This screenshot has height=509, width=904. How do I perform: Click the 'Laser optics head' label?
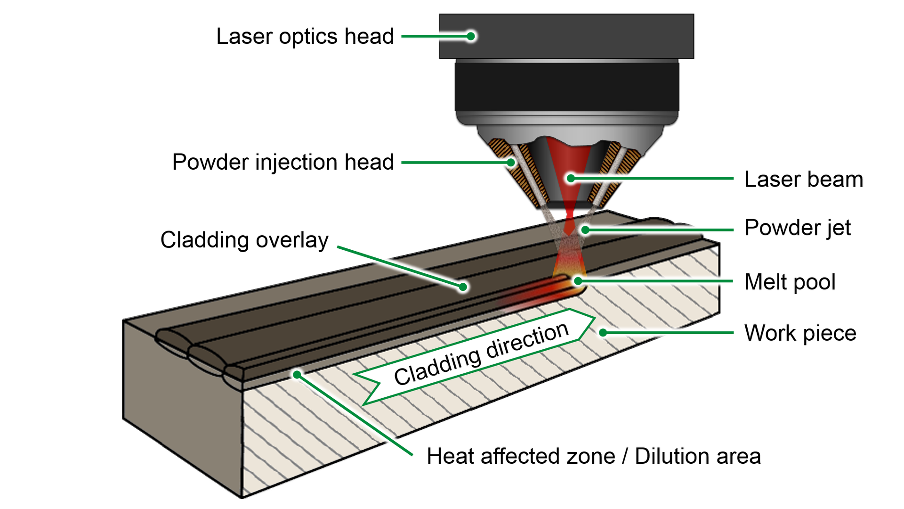pyautogui.click(x=305, y=36)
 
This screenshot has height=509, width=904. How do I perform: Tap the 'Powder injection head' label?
pyautogui.click(x=282, y=162)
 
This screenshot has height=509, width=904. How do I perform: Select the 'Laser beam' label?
pyautogui.click(x=803, y=180)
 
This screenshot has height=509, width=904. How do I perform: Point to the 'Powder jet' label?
pyautogui.click(x=797, y=228)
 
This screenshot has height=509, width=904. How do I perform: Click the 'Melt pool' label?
pyautogui.click(x=790, y=282)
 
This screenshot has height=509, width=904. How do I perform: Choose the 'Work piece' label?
pyautogui.click(x=800, y=333)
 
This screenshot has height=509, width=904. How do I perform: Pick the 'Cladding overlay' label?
pyautogui.click(x=244, y=240)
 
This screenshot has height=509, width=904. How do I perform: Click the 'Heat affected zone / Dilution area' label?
pyautogui.click(x=593, y=456)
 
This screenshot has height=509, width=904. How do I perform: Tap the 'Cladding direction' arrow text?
pyautogui.click(x=481, y=354)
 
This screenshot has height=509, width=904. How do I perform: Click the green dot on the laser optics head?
pyautogui.click(x=471, y=36)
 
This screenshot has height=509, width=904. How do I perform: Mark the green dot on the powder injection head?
pyautogui.click(x=511, y=163)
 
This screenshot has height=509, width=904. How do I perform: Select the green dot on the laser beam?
pyautogui.click(x=571, y=179)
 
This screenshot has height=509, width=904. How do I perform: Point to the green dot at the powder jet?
pyautogui.click(x=585, y=230)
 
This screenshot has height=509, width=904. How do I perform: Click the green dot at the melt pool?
pyautogui.click(x=578, y=281)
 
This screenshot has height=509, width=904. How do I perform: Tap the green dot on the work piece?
pyautogui.click(x=603, y=333)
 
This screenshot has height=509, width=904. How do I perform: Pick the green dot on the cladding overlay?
pyautogui.click(x=463, y=287)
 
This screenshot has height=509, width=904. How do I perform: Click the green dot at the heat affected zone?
pyautogui.click(x=297, y=375)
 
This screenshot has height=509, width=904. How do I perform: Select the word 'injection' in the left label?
pyautogui.click(x=297, y=163)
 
